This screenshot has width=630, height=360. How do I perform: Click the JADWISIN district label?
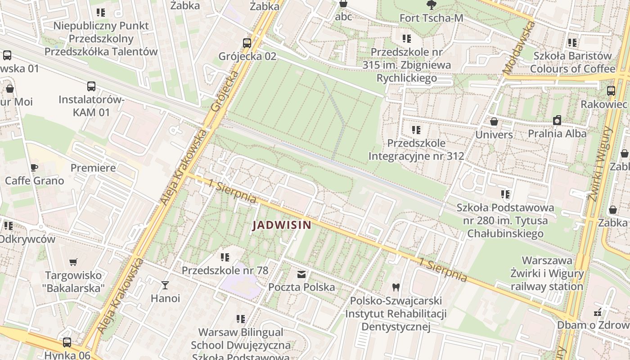(x=282, y=225)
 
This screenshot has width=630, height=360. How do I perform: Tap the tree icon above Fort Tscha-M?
(x=431, y=5)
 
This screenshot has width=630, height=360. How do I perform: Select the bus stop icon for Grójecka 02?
(x=247, y=43)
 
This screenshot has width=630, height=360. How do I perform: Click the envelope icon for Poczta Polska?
(x=301, y=274)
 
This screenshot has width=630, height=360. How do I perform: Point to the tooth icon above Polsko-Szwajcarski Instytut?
(x=396, y=287)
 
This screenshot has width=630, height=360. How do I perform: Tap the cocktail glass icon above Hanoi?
(x=165, y=285)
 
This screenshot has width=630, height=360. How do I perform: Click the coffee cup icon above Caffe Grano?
(x=34, y=168)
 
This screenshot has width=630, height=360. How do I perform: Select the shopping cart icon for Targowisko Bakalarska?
(x=73, y=262)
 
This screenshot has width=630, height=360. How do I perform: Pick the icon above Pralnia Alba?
(x=557, y=120)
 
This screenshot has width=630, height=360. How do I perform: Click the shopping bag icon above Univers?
(x=494, y=121)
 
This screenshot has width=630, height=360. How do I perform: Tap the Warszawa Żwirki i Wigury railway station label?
(x=547, y=273)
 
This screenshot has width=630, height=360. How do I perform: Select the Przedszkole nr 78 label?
(x=225, y=270)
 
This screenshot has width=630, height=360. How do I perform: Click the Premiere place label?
(x=93, y=168)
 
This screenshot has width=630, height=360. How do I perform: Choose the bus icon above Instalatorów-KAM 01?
(x=91, y=86)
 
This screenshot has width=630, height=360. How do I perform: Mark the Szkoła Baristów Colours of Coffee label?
(x=572, y=62)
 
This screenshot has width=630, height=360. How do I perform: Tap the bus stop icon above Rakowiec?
(x=611, y=90)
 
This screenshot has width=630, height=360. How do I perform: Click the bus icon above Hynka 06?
(x=67, y=342)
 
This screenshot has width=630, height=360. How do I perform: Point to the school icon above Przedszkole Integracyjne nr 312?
(x=416, y=130)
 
